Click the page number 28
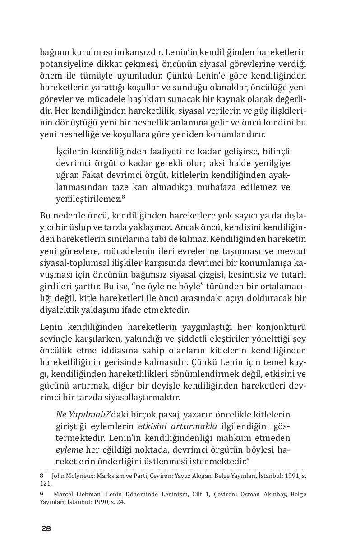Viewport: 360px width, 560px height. (46, 529)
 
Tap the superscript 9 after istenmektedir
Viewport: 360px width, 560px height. (248, 460)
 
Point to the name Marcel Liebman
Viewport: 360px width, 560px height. (74, 494)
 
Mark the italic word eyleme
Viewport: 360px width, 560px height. (69, 450)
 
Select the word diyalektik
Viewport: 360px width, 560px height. (60, 310)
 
